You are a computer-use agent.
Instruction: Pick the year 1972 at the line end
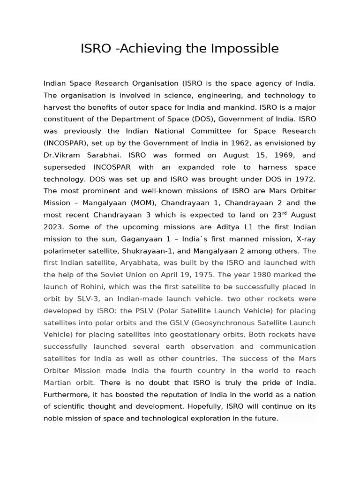[305, 179]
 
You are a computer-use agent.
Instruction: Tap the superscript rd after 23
[284, 213]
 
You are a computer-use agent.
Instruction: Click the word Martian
[57, 382]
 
